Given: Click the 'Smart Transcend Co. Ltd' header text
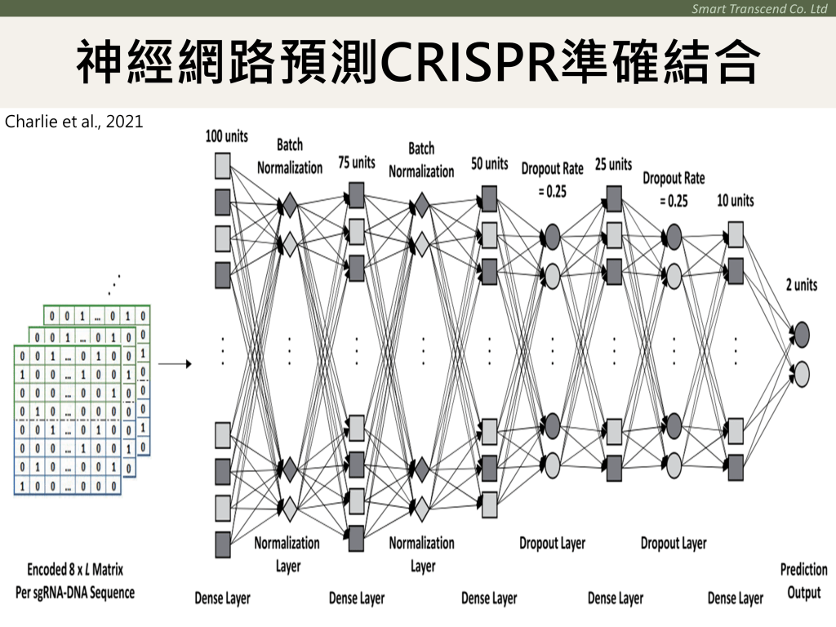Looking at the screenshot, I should click(x=759, y=8).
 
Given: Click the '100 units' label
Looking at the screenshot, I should click(x=226, y=136).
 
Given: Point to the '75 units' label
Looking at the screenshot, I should click(x=357, y=162).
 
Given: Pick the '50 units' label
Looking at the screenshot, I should click(x=489, y=164).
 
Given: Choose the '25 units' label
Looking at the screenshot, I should click(x=614, y=164).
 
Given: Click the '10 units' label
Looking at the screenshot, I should click(x=736, y=200).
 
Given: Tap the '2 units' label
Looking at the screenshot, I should click(x=800, y=286).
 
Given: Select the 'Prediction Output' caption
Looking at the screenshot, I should click(x=803, y=580).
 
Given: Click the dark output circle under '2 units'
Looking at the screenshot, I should click(x=801, y=333).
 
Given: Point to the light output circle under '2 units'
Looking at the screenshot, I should click(x=801, y=374).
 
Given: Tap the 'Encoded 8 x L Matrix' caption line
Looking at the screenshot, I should click(x=75, y=569).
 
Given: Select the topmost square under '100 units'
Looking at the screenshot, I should click(x=223, y=167).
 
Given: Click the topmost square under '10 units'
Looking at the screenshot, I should click(x=735, y=235).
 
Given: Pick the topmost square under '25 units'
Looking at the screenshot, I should click(x=614, y=198).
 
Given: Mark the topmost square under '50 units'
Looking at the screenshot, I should click(x=489, y=198).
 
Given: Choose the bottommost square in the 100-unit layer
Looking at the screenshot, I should click(x=223, y=543).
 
